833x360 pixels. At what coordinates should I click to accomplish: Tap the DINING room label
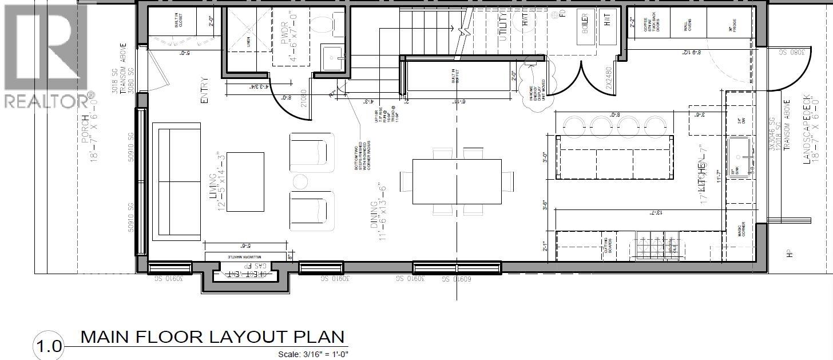pos(375,215)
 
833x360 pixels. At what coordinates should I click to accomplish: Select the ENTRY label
pos(204,90)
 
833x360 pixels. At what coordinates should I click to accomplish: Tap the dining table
pos(457,181)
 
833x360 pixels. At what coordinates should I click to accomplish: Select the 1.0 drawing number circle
pos(49,346)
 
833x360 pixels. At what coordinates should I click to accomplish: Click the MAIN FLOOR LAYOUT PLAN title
pos(212,337)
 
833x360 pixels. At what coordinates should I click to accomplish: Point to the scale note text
pos(313,354)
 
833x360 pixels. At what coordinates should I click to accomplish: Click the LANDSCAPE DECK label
pos(807,129)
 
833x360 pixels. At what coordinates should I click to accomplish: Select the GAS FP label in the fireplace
pos(261,266)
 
